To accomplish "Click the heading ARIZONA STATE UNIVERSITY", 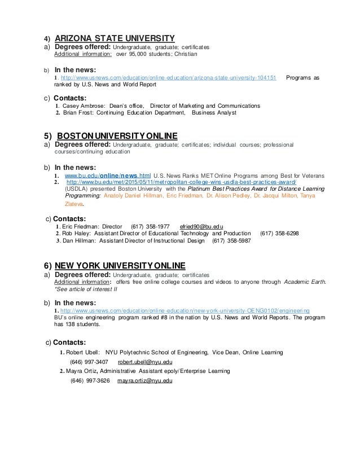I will pyautogui.click(x=115, y=38).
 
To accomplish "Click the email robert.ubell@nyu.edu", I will pyautogui.click(x=144, y=362).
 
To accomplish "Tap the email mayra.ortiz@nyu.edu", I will pyautogui.click(x=145, y=381).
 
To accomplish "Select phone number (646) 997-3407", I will pyautogui.click(x=89, y=362).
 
